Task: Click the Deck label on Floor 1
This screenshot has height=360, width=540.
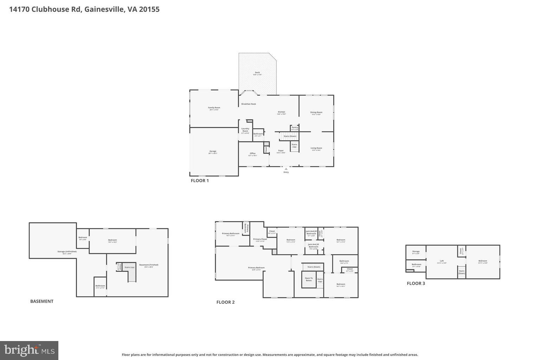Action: (257, 73)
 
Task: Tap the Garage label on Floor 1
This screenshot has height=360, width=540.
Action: (213, 152)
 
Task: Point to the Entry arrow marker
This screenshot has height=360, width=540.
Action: (286, 169)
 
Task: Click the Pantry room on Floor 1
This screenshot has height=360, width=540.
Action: (295, 128)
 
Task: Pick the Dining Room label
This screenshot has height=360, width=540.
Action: (316, 113)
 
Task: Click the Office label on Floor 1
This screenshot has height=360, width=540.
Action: (252, 154)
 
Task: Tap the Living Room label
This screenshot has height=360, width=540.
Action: (316, 148)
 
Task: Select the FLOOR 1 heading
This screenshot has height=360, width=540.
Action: (200, 181)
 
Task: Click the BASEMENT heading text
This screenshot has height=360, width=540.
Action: (42, 301)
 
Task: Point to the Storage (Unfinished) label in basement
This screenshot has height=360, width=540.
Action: (67, 252)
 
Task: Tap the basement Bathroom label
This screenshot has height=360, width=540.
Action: (100, 286)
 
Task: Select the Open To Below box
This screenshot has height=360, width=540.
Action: (309, 279)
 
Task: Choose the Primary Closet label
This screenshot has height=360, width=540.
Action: (260, 239)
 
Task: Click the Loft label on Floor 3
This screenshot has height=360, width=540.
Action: (442, 261)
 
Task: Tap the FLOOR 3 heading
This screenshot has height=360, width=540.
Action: (416, 283)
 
